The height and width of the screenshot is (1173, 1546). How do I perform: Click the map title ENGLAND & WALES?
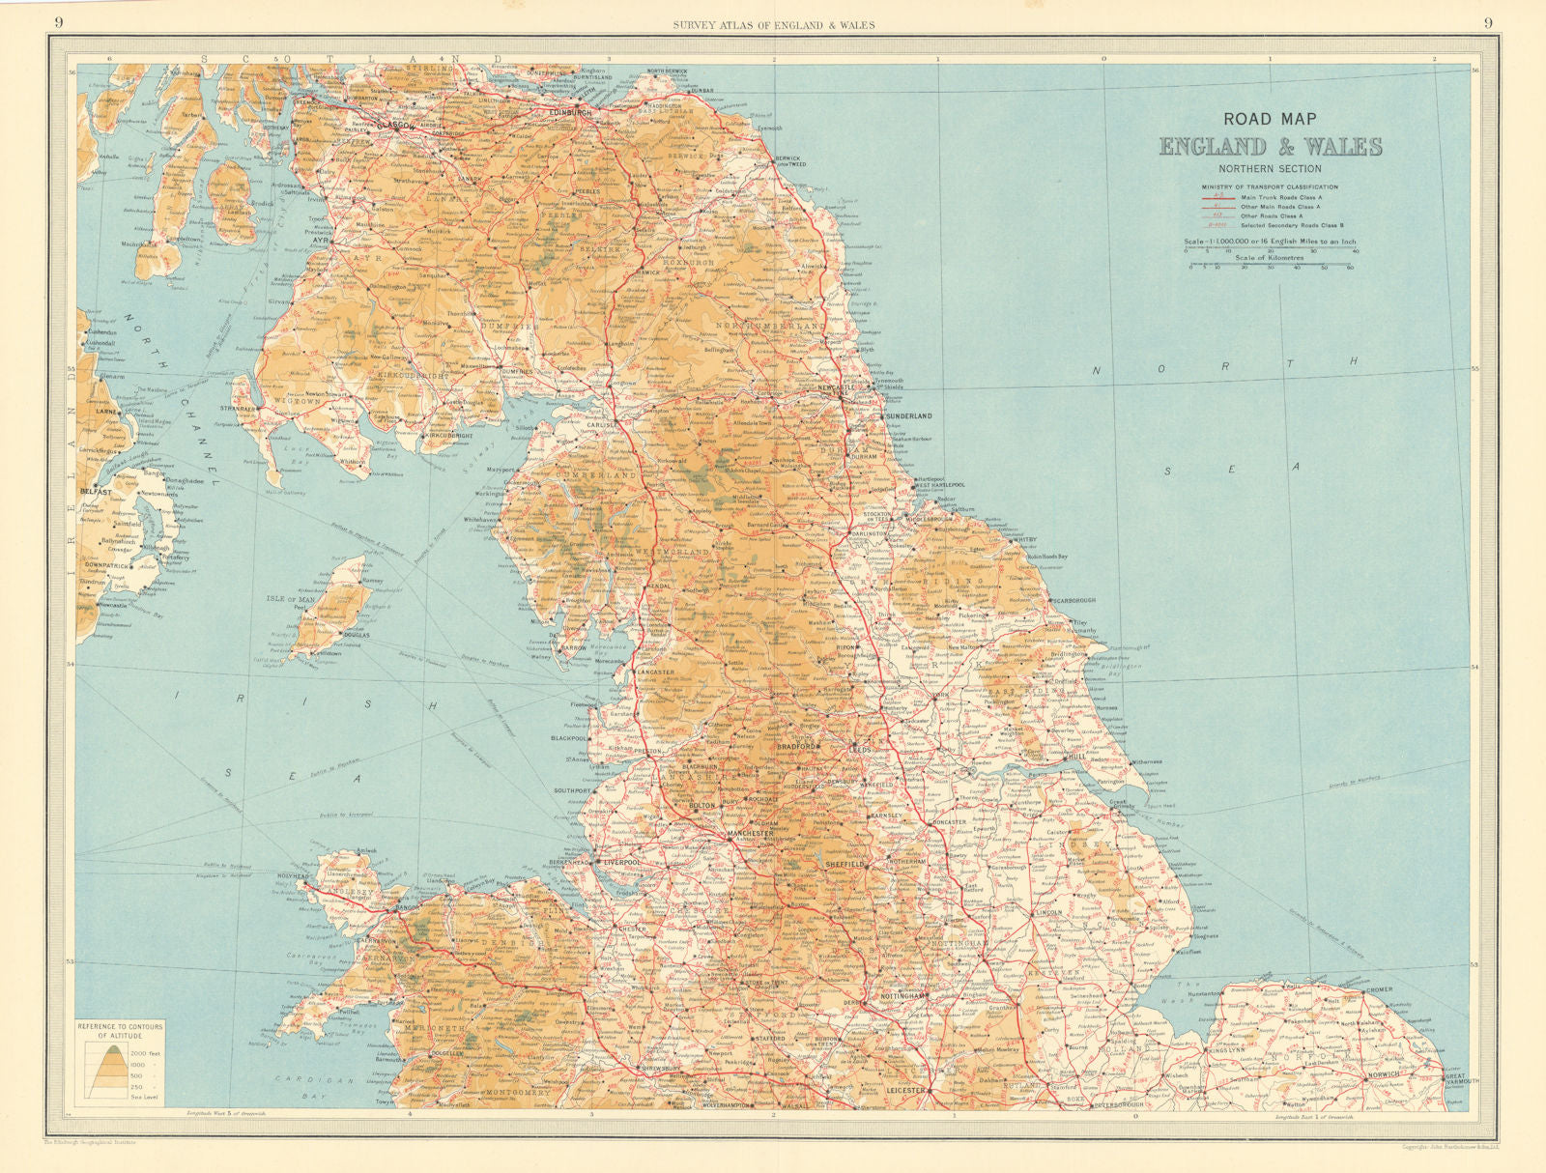pyautogui.click(x=1270, y=147)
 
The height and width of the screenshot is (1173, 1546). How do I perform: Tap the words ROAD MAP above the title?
pyautogui.click(x=1270, y=119)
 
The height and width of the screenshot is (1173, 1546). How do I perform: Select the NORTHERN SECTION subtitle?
pyautogui.click(x=1270, y=169)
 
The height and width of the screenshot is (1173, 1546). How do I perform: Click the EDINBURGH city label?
pyautogui.click(x=569, y=113)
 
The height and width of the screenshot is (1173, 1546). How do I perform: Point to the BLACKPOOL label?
pyautogui.click(x=569, y=738)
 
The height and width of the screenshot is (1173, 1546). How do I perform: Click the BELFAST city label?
pyautogui.click(x=98, y=492)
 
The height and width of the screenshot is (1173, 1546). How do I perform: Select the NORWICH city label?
pyautogui.click(x=1383, y=1075)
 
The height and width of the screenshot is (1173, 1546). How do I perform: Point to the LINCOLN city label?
pyautogui.click(x=1047, y=912)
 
